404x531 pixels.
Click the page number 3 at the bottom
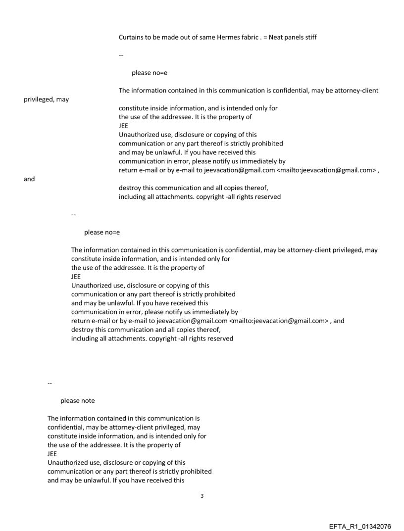tap(202, 495)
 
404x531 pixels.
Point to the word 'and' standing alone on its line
tap(29, 179)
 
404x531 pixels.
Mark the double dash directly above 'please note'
tap(50, 383)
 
